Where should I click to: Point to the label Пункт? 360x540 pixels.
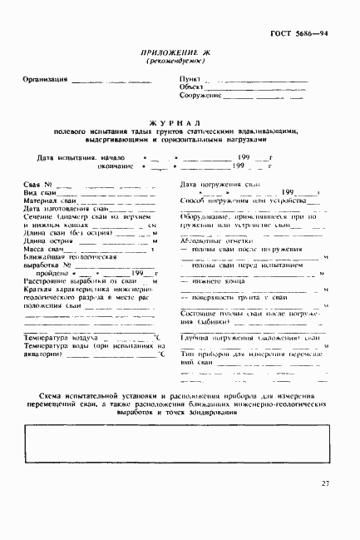click(190, 78)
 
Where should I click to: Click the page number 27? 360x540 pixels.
click(325, 483)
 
